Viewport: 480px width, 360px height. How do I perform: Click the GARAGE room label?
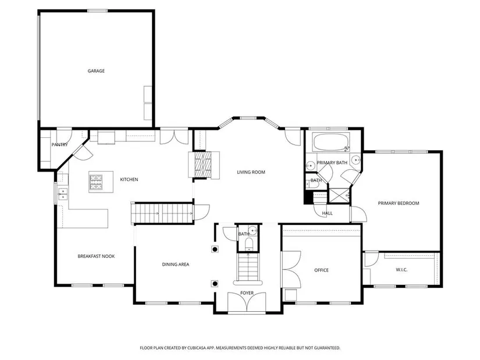[x=96, y=71]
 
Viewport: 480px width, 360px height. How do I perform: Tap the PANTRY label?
[x=59, y=144]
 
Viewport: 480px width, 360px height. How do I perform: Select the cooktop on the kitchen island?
[x=96, y=182]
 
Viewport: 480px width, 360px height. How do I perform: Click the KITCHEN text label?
[x=129, y=179]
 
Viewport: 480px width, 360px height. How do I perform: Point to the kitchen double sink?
[x=63, y=194]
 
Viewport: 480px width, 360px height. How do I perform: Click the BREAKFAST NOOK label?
[x=96, y=256]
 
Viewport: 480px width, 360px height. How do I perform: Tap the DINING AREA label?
[x=175, y=264]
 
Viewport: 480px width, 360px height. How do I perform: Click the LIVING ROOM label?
[x=251, y=172]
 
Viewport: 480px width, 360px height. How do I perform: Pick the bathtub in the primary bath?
[x=331, y=142]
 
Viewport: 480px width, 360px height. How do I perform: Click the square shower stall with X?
[x=339, y=195]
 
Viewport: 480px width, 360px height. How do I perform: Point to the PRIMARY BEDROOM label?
[x=399, y=203]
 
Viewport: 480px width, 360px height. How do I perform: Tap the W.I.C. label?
[x=401, y=270]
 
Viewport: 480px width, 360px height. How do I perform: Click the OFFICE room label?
[x=321, y=270]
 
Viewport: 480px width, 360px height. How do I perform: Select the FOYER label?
[x=247, y=293]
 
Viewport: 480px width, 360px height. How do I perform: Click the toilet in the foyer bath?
[x=249, y=245]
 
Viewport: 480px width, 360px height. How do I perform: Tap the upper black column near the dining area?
[x=215, y=249]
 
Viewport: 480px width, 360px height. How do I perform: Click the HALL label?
[x=327, y=213]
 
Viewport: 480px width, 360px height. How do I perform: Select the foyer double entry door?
[x=247, y=302]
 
